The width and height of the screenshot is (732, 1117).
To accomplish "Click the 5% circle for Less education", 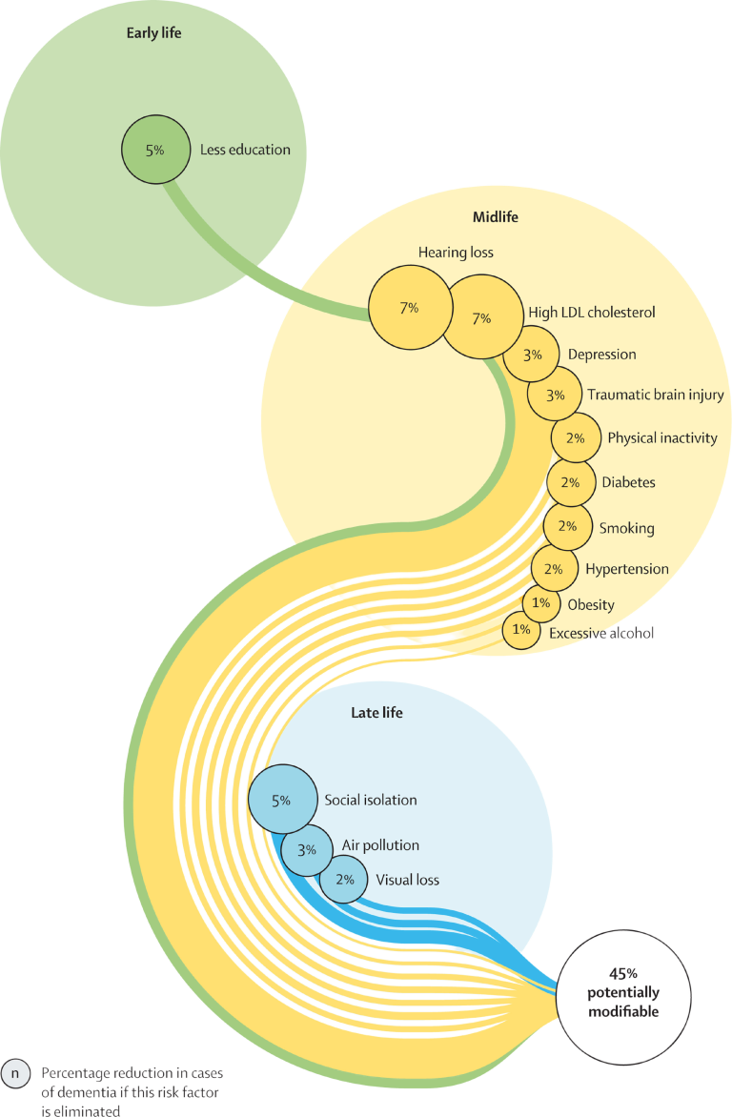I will (x=153, y=150).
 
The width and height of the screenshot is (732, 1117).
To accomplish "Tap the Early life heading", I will (x=153, y=34).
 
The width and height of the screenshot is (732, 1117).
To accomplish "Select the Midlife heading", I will (x=496, y=217).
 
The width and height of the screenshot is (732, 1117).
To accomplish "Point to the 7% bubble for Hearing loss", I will (x=409, y=308).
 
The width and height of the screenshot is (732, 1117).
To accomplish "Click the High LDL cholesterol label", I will (x=591, y=312).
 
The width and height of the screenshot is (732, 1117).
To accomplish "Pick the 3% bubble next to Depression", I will (x=533, y=355).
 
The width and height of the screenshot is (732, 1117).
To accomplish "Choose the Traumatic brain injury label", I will (x=655, y=395).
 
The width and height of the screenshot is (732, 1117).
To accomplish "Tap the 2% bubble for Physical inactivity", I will (x=575, y=438).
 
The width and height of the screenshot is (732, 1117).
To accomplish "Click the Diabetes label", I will (x=628, y=482).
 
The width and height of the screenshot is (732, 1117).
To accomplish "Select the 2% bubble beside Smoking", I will (x=567, y=526).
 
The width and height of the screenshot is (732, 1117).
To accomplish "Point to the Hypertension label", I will (x=627, y=569).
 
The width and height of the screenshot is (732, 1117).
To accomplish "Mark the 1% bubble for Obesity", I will (x=541, y=603).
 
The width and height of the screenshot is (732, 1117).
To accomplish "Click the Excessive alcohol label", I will (x=602, y=632).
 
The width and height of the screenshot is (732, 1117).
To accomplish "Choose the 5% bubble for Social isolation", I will (x=281, y=801).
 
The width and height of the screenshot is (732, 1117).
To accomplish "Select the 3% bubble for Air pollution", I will (x=307, y=846).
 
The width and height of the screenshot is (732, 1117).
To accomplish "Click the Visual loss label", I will (x=407, y=880).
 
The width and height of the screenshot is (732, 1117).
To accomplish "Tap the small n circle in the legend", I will (x=15, y=1073).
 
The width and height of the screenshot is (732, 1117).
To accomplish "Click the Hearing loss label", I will (x=456, y=253).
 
